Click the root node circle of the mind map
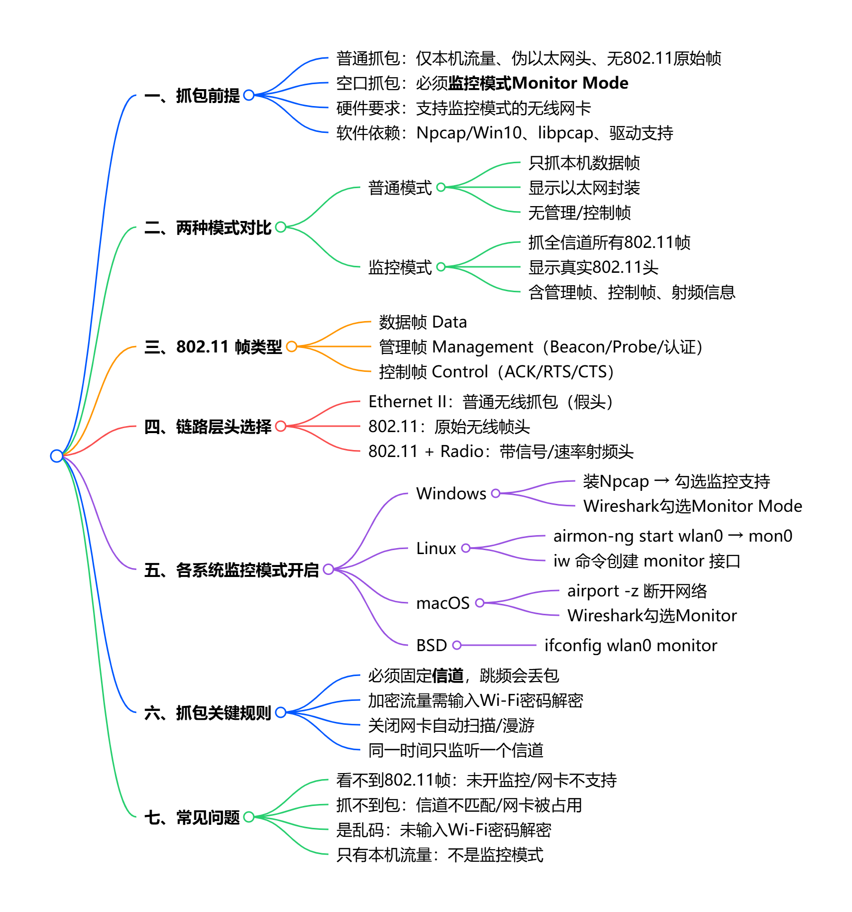[57, 456]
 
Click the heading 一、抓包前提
[192, 96]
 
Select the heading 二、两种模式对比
[208, 228]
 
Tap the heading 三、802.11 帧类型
[213, 346]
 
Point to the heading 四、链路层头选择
[208, 427]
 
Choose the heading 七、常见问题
[192, 817]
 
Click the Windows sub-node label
[451, 493]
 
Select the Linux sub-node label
[436, 548]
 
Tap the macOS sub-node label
[443, 603]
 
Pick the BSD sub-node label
[431, 645]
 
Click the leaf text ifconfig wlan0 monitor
[631, 645]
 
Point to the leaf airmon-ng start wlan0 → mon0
[672, 536]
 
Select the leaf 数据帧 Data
[423, 322]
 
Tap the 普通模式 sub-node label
[400, 188]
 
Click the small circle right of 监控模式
[441, 267]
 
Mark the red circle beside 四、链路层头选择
[281, 426]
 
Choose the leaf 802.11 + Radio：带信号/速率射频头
[501, 452]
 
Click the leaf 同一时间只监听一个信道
[455, 750]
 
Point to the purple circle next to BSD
[457, 645]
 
